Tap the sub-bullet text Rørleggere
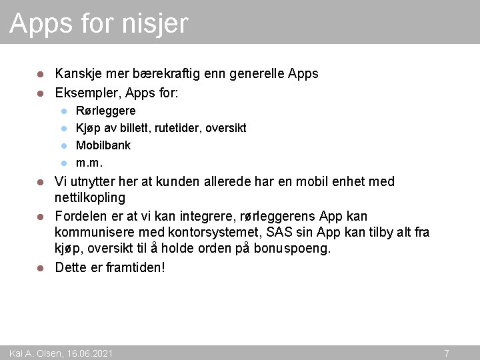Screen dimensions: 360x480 105,111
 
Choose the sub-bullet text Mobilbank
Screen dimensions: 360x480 103,145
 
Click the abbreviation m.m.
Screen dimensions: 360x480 89,163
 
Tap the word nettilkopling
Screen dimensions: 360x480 90,198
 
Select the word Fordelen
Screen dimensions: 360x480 82,216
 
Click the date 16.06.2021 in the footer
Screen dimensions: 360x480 90,353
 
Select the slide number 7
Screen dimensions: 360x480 446,353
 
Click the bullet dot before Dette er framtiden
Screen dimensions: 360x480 40,268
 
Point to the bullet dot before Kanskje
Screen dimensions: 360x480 40,74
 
